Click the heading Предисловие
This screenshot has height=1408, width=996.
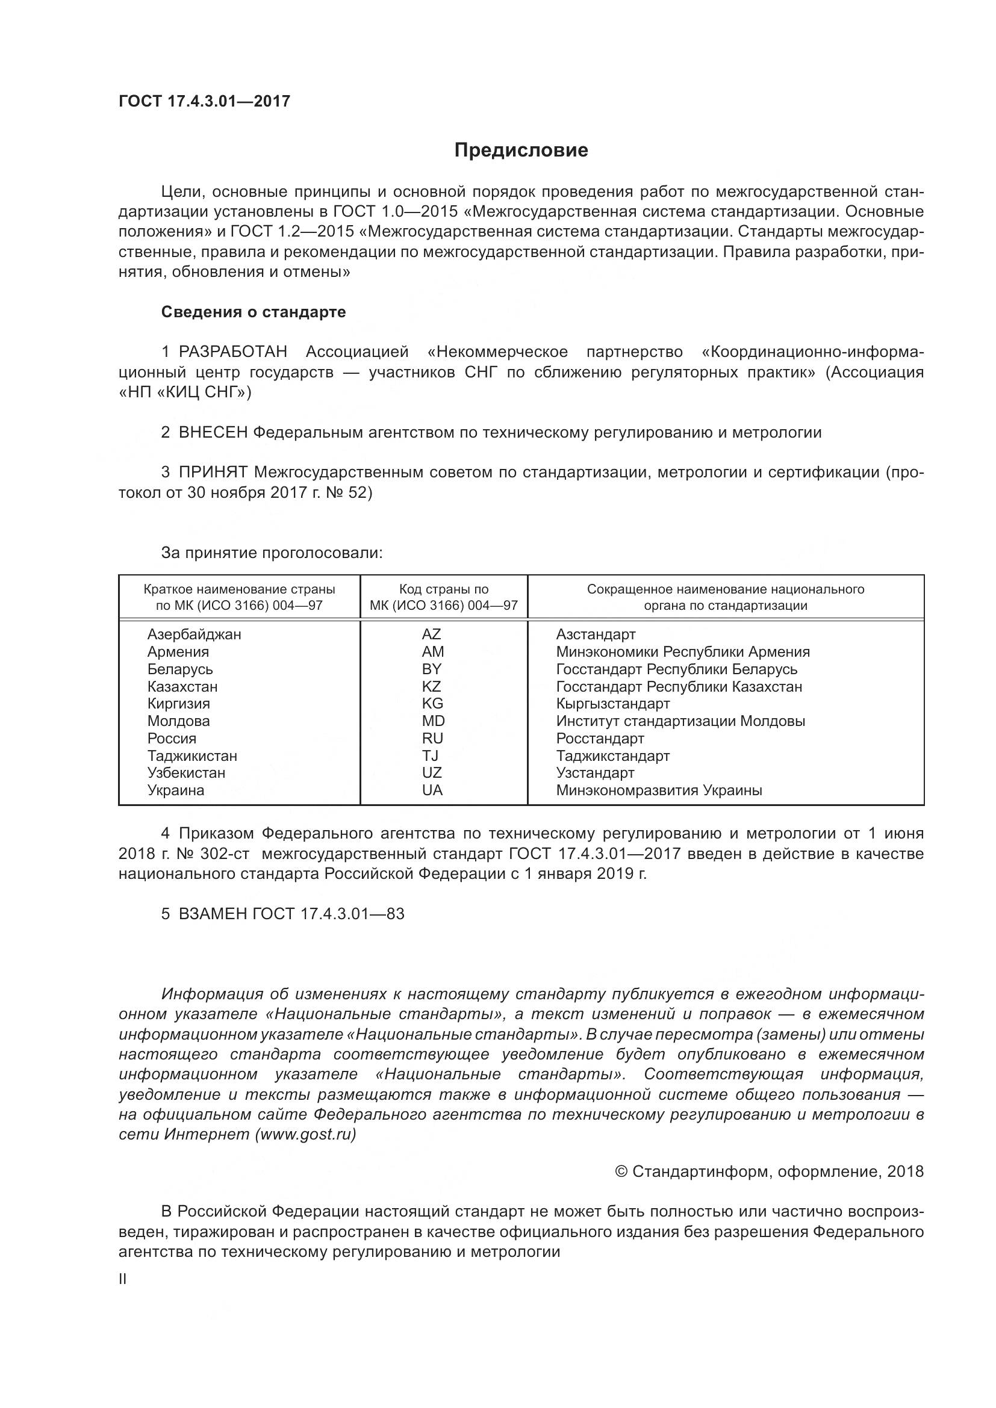[521, 150]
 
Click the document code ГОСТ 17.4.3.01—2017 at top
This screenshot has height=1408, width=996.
[204, 101]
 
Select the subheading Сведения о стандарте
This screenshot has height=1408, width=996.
[254, 312]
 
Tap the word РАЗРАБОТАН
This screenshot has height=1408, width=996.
[233, 352]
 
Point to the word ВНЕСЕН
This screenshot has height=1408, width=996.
[213, 432]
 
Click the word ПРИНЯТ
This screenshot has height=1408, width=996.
[213, 472]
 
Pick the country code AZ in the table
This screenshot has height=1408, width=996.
[431, 634]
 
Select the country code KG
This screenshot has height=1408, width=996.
[432, 703]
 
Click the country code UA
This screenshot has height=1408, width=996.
[432, 790]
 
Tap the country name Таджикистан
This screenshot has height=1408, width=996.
[192, 756]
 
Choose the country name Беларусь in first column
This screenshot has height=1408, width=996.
[179, 669]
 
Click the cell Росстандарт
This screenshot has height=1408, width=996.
[600, 739]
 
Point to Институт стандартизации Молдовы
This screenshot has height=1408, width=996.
[680, 721]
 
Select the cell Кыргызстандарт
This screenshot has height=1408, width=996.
[612, 703]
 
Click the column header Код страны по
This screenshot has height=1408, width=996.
[443, 589]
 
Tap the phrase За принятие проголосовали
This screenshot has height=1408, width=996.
[272, 553]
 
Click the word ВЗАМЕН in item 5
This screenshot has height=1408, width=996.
[213, 914]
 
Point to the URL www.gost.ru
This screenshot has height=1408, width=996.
[308, 1134]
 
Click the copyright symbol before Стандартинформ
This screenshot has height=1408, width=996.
[621, 1172]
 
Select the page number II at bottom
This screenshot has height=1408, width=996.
[123, 1280]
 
